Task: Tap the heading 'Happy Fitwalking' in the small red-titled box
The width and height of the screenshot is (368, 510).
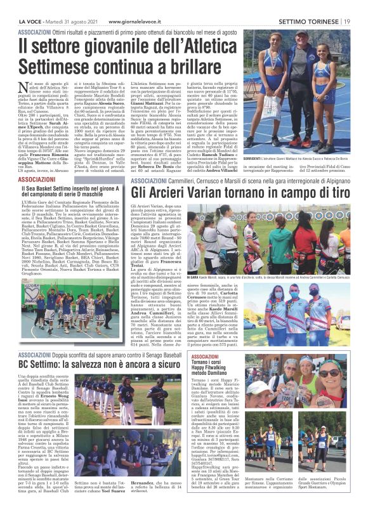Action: pos(210,367)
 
